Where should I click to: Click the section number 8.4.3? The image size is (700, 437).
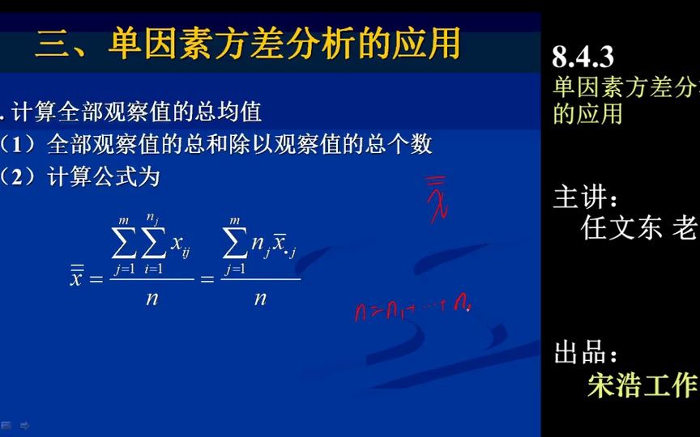click(583, 57)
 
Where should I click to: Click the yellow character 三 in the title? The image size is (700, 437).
click(53, 44)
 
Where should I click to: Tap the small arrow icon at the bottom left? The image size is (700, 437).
click(25, 425)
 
